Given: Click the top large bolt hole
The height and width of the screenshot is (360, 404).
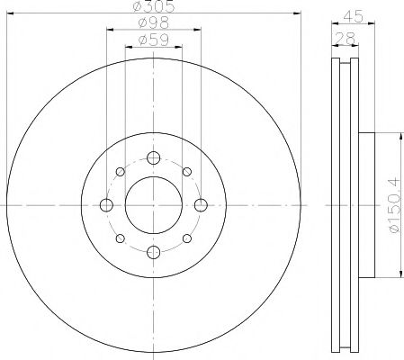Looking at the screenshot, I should tap(153, 159).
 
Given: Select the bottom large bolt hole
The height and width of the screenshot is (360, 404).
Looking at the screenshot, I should tap(153, 251).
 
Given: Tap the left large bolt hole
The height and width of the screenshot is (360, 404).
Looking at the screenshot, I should tap(107, 205).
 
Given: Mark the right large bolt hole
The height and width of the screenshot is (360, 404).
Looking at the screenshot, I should tap(199, 205).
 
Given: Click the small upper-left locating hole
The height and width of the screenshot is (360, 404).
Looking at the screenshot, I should tap(120, 173).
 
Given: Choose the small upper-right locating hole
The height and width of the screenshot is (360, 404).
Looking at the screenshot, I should tap(186, 173).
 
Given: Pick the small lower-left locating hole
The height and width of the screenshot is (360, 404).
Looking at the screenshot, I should tap(120, 238).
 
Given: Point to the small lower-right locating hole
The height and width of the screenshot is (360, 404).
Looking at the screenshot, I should tap(186, 238).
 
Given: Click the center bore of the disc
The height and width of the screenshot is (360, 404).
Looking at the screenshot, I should tap(153, 205).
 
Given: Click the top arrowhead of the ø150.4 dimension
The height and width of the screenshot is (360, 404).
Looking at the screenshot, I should tap(397, 136).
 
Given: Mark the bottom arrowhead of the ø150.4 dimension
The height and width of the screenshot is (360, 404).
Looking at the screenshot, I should tap(397, 274).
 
